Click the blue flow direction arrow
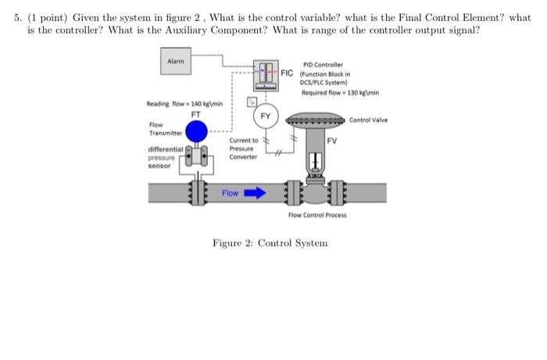tap(255, 192)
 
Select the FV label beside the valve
tap(331, 141)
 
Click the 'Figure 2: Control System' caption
tap(270, 243)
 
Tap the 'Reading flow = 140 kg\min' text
tap(179, 102)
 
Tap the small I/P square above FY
tap(252, 100)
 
